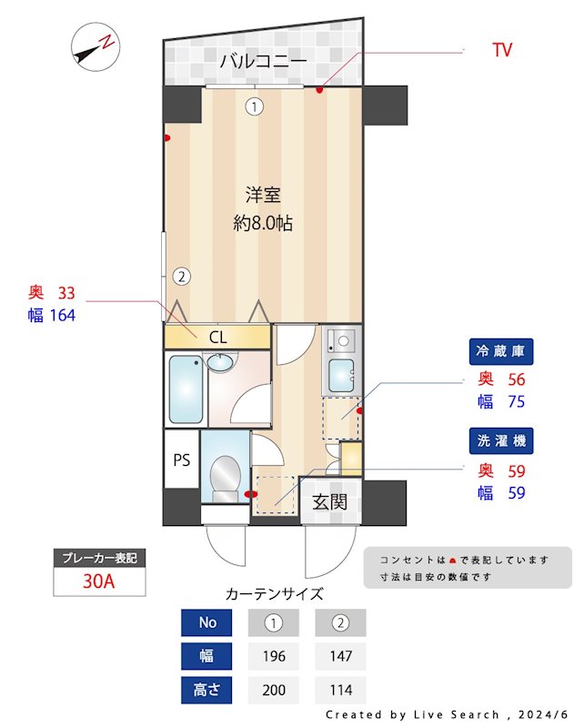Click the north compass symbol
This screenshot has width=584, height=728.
[x=94, y=48]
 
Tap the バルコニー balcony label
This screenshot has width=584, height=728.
[x=263, y=63]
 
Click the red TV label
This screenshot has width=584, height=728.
[x=502, y=50]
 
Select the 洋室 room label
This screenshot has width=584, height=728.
[x=262, y=194]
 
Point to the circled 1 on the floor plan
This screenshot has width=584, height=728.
[x=255, y=106]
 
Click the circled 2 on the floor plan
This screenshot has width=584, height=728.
[x=181, y=276]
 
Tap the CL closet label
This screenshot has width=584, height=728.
[x=216, y=337]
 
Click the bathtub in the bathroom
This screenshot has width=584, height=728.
[x=186, y=389]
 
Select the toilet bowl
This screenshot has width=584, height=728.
[x=223, y=474]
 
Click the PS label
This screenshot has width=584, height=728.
[x=181, y=459]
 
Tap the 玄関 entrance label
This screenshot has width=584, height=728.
[x=329, y=501]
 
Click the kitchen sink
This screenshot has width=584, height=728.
[x=342, y=374]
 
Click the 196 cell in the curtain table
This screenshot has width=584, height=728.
[x=274, y=656]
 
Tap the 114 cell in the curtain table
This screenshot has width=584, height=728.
[x=340, y=690]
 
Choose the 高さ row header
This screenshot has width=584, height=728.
[x=207, y=690]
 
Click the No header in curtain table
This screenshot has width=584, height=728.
[x=207, y=623]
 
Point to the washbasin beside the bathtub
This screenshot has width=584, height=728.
[x=220, y=363]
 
